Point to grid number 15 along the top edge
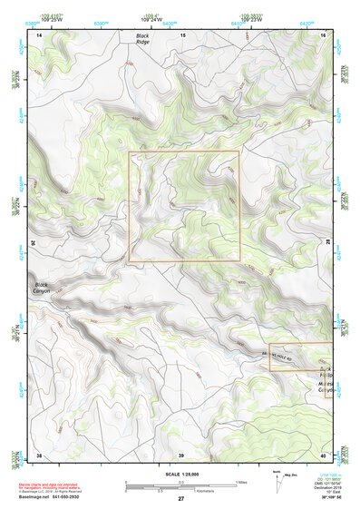tap(182, 34)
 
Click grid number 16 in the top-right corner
tap(324, 34)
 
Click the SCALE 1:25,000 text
tap(181, 474)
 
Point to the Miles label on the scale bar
tap(241, 481)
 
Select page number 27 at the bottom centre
tap(181, 499)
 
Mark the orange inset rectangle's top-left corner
tap(129, 152)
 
